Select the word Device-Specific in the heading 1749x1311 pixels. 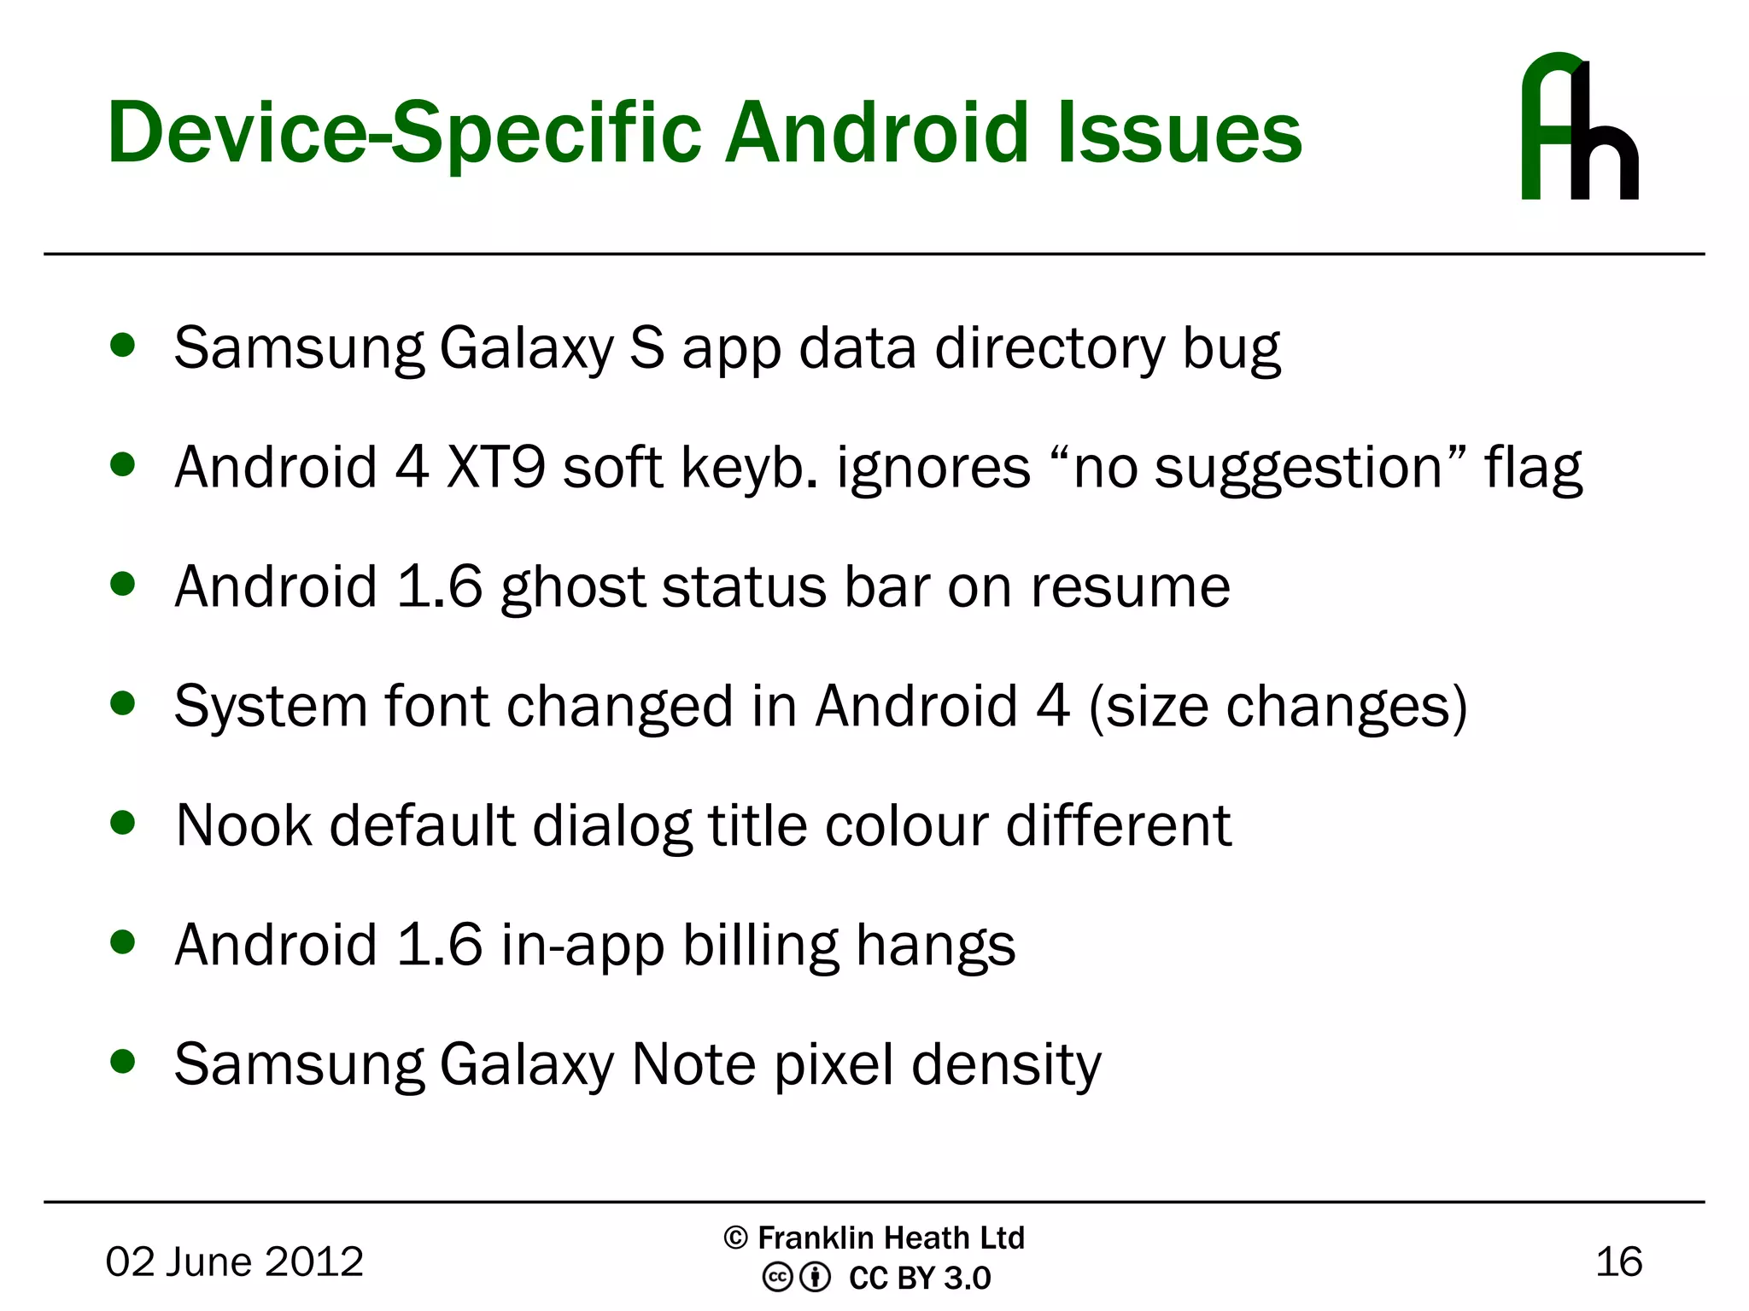[x=404, y=134]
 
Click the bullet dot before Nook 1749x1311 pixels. [x=123, y=823]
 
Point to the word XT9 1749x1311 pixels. [x=495, y=468]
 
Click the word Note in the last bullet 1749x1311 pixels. [x=693, y=1064]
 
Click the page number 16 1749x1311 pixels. [x=1618, y=1261]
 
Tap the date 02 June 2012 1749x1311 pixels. [x=234, y=1261]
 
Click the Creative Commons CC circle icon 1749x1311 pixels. [x=777, y=1278]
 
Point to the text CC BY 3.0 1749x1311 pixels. [x=920, y=1278]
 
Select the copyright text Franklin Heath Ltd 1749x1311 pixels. [x=890, y=1238]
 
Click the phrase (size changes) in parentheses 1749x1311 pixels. [x=1278, y=708]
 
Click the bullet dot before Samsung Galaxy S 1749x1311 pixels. [x=123, y=346]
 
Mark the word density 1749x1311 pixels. [x=1006, y=1066]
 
